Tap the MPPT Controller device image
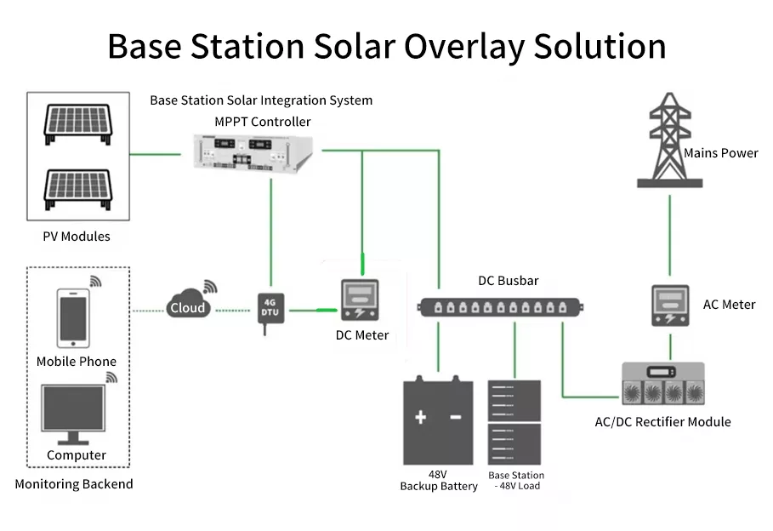click(x=252, y=154)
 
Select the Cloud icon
click(x=187, y=306)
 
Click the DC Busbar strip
click(x=503, y=306)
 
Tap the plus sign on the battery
click(x=420, y=417)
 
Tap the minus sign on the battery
click(x=455, y=417)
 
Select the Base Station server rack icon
click(x=514, y=422)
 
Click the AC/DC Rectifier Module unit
click(x=663, y=385)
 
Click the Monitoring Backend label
click(x=74, y=484)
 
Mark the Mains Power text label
click(x=721, y=153)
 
